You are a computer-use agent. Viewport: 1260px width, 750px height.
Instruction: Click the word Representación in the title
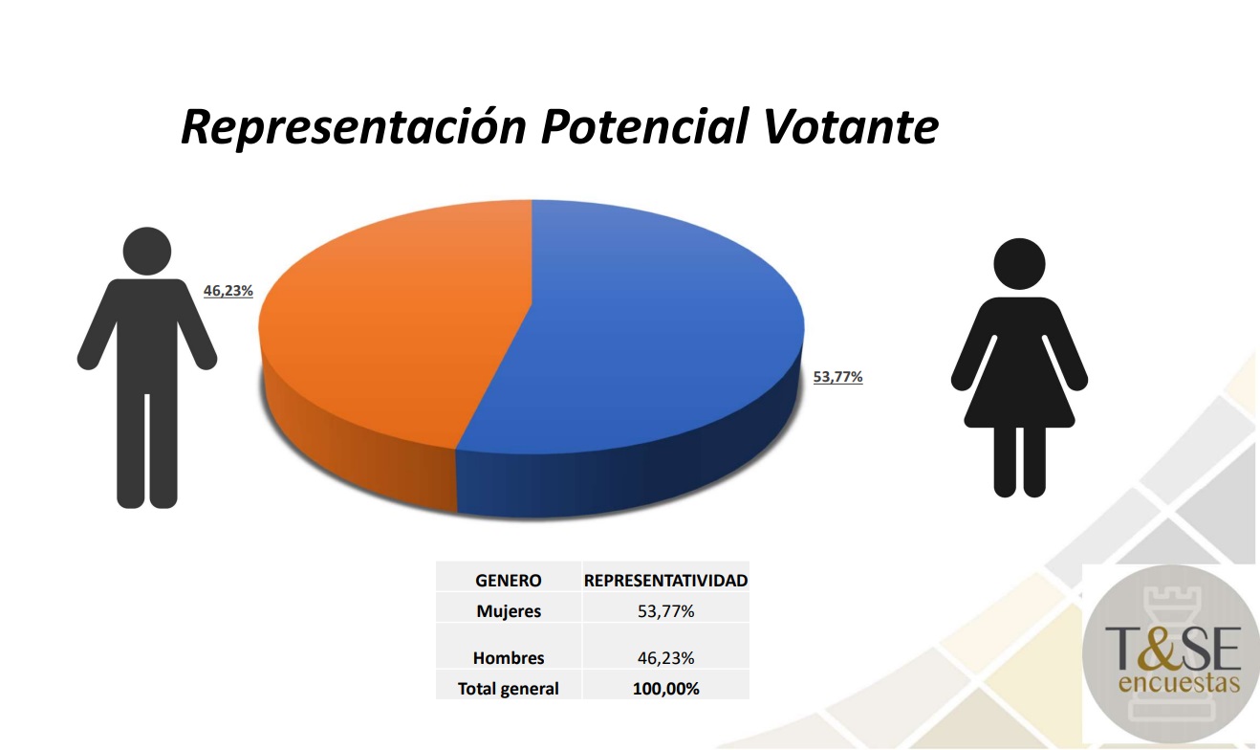[354, 126]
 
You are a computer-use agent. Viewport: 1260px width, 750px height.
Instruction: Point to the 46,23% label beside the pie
[228, 291]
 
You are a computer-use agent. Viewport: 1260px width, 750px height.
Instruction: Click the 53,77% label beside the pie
[837, 377]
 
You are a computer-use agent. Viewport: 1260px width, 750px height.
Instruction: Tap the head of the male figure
[147, 252]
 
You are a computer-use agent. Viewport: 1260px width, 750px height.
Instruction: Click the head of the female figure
[1019, 262]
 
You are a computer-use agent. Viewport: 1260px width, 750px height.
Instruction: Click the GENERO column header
[509, 581]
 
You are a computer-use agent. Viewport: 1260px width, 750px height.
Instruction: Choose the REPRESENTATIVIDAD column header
[665, 581]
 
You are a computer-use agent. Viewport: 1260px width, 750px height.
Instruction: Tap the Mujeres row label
[509, 611]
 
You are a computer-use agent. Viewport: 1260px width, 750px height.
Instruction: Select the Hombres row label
[509, 658]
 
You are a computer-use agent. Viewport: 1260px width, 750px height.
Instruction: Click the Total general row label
[509, 689]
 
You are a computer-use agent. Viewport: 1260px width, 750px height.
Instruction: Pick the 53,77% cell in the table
[665, 611]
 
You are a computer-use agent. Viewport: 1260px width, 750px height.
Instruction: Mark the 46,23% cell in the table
[665, 658]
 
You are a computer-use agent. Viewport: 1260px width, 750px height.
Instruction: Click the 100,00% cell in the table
[665, 689]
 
